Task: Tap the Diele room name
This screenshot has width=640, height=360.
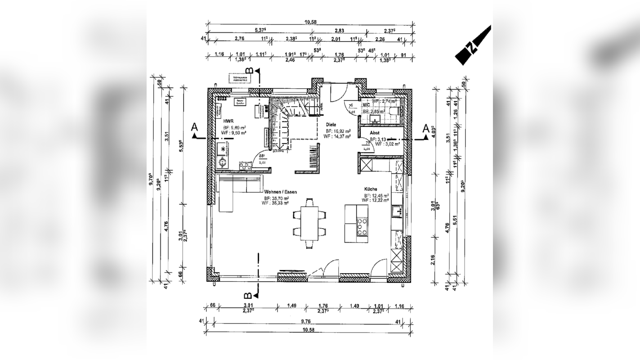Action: pos(331,125)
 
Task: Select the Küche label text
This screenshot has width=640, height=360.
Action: pos(371,189)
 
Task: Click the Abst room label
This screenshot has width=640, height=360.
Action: pos(375,133)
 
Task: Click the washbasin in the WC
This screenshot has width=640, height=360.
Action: pos(375,119)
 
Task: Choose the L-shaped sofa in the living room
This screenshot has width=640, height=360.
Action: pos(234,191)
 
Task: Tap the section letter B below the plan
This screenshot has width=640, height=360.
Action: pos(248,296)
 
